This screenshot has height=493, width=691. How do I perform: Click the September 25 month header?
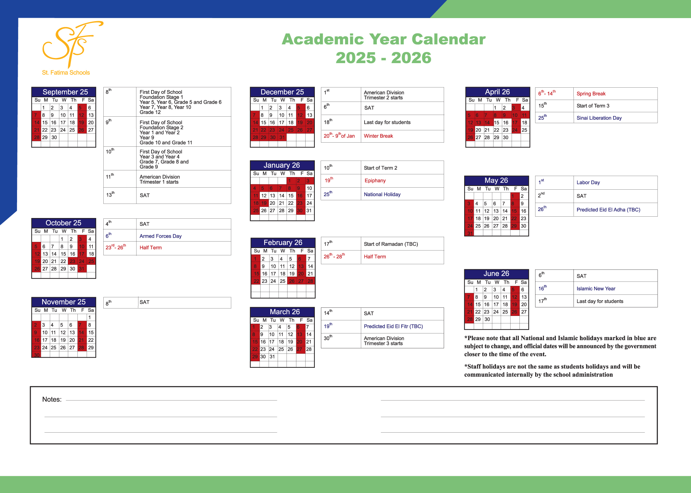(65, 92)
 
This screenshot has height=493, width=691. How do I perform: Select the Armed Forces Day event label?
(160, 236)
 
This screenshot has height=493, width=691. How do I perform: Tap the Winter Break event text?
(378, 136)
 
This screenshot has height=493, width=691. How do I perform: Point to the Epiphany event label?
(375, 181)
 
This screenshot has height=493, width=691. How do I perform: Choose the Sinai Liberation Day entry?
(599, 118)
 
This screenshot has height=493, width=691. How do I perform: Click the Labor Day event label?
(588, 183)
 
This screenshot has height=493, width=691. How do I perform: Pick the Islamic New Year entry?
(596, 289)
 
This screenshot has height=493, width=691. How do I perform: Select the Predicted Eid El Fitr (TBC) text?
(393, 327)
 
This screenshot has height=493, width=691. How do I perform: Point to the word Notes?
(52, 400)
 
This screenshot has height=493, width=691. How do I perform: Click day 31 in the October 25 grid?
(82, 269)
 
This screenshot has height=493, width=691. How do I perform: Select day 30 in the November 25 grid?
(36, 355)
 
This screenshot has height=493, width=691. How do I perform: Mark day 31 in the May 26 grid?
(470, 233)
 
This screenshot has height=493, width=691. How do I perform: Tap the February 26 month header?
(283, 243)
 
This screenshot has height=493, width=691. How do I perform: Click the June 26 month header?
(496, 274)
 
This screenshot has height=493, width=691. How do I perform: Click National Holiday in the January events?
(382, 194)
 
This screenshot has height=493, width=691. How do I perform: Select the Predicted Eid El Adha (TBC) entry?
(608, 210)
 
